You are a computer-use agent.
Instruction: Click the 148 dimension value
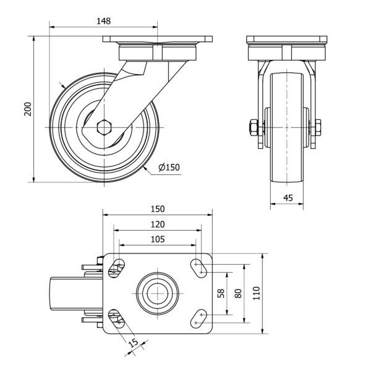[x=103, y=20]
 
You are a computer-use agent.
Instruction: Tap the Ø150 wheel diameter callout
[x=169, y=168]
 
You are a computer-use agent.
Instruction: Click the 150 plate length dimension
[x=157, y=208]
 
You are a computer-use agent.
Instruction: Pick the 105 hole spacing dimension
[x=157, y=239]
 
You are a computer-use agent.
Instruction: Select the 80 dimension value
[x=238, y=292]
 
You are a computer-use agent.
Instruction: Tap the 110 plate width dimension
[x=257, y=292]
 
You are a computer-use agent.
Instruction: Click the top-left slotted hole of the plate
[x=116, y=267]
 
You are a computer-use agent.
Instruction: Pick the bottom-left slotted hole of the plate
[x=116, y=318]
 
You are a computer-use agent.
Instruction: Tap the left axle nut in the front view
[x=253, y=129]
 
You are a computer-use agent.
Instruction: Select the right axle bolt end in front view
[x=318, y=129]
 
